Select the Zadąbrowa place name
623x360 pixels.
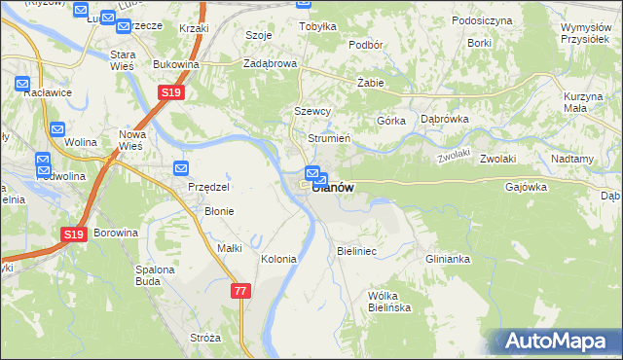(x=269, y=64)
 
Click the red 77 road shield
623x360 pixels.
(x=241, y=290)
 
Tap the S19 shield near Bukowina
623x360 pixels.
(x=170, y=92)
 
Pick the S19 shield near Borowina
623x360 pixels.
(x=75, y=234)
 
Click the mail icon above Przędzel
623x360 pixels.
(x=181, y=167)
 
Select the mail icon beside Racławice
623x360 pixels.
(x=22, y=86)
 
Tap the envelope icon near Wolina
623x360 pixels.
(x=56, y=128)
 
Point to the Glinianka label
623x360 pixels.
(x=448, y=259)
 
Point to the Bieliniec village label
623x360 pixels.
(x=356, y=251)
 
